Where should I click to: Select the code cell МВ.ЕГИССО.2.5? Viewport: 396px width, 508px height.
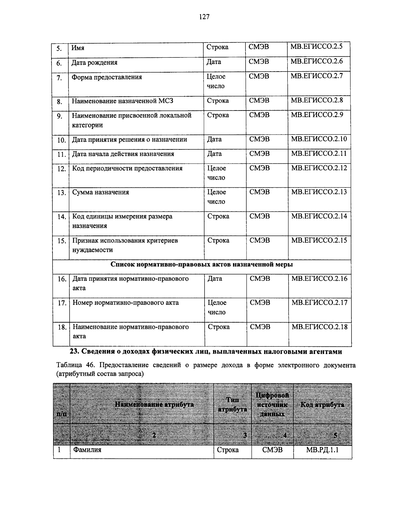(316, 47)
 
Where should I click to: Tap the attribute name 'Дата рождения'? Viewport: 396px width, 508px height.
(94, 63)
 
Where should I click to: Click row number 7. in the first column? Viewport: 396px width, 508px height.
(59, 78)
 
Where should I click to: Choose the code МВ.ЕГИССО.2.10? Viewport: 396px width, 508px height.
(319, 139)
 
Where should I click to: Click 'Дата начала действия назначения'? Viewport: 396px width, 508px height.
(123, 154)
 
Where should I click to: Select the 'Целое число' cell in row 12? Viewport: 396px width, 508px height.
(216, 173)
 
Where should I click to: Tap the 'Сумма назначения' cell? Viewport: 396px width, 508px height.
(101, 192)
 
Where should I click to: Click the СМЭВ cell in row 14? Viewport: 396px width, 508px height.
(259, 216)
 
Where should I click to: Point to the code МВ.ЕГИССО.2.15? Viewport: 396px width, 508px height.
(319, 240)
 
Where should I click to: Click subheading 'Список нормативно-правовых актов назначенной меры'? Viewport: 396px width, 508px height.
(202, 265)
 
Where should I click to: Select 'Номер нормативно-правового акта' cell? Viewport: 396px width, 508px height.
(125, 303)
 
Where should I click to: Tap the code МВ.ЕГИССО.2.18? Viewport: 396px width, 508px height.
(319, 327)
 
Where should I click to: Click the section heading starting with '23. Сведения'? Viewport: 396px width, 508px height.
(206, 352)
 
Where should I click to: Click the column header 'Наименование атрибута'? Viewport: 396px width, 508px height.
(154, 404)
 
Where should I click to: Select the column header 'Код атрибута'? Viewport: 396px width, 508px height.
(322, 405)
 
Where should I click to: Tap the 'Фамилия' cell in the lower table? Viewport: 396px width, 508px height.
(87, 450)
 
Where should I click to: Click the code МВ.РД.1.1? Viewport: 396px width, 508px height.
(322, 450)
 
